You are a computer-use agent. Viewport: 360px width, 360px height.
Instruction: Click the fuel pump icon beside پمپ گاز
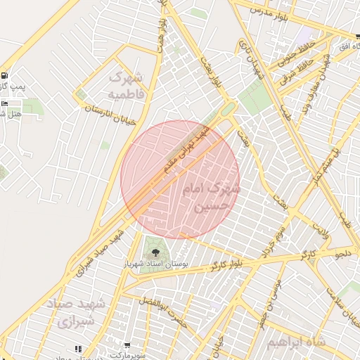[6, 76]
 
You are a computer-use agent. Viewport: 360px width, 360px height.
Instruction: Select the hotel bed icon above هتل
[6, 104]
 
